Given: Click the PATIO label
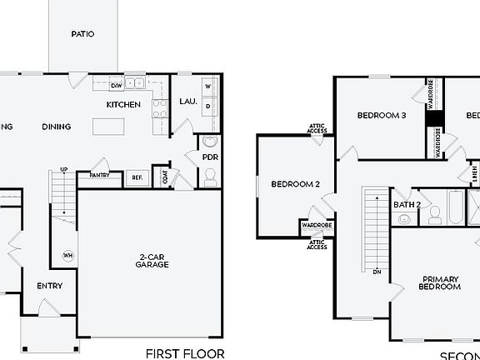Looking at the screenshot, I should [x=82, y=34].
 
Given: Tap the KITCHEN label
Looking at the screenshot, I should [x=122, y=104].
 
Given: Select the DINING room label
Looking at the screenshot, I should [x=57, y=127].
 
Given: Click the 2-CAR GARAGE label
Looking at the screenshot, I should [x=152, y=260].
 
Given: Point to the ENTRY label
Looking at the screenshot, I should [x=50, y=286].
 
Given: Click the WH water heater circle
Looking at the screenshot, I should [x=67, y=256].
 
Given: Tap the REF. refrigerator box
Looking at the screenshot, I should [x=136, y=177].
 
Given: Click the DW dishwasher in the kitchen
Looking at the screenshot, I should [x=117, y=84].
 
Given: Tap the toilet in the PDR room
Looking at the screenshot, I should [x=209, y=176].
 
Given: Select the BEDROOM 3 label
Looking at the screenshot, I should [x=381, y=116].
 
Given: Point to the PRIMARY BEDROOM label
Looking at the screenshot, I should [x=441, y=282].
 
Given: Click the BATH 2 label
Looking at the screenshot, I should [x=407, y=204].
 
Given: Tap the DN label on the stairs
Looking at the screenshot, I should [x=377, y=272].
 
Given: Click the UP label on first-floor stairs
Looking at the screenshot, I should [x=63, y=170].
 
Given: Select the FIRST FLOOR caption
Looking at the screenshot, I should [x=185, y=353].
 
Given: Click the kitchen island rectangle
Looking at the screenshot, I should [x=108, y=127].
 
